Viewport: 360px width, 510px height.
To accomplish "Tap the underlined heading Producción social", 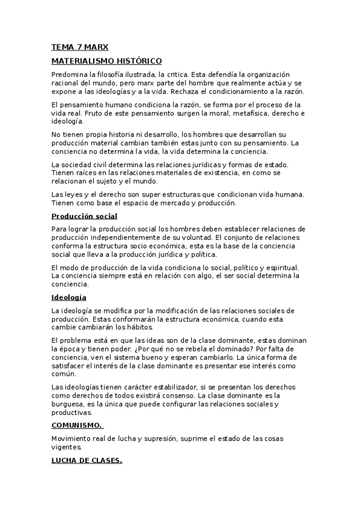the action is (84, 216).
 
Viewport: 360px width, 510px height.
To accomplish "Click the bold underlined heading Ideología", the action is (69, 297).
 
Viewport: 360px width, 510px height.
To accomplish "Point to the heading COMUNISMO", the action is (77, 425).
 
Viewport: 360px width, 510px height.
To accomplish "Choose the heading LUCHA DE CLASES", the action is (87, 461).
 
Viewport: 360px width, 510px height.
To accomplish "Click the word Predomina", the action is (70, 75).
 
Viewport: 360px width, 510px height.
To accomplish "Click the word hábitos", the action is (139, 327).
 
